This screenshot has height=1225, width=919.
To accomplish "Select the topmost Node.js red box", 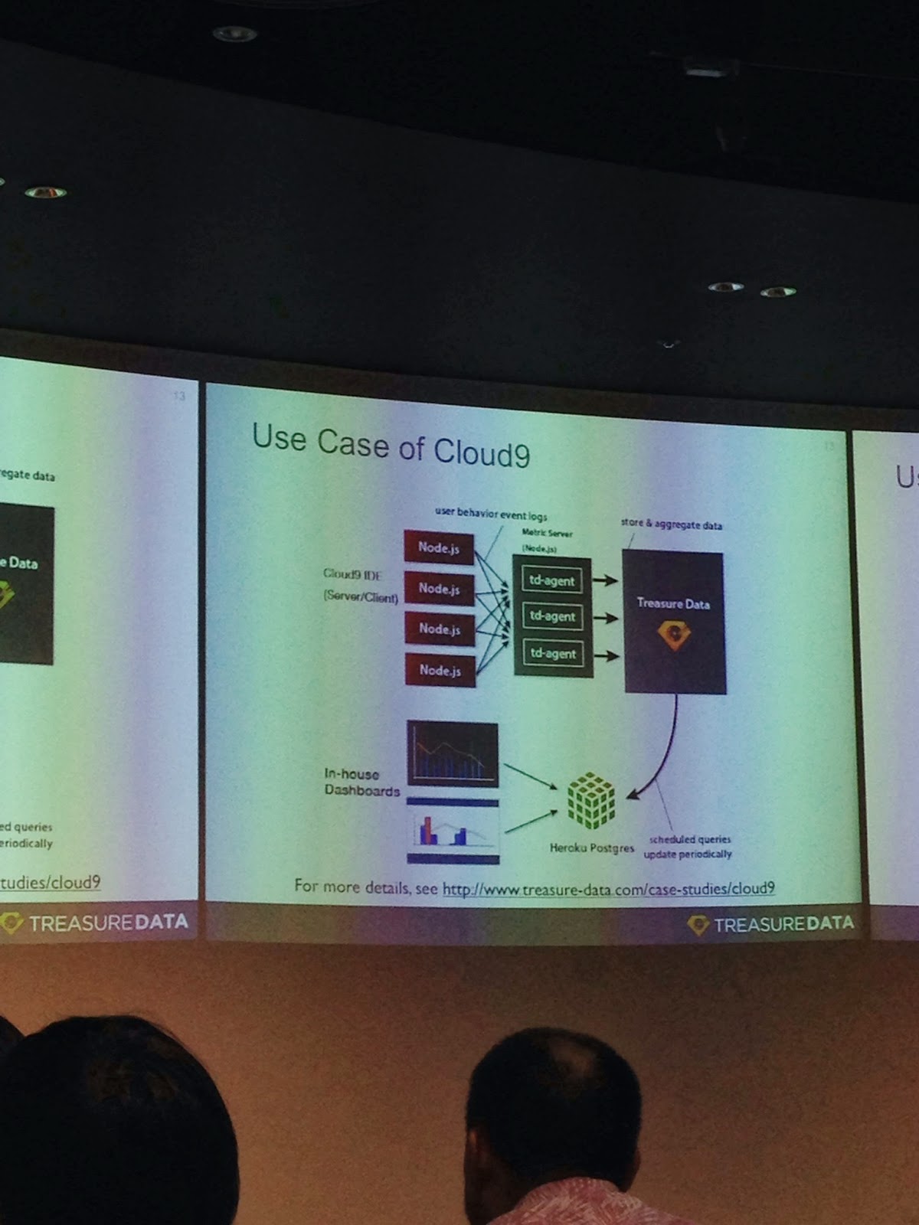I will coord(439,547).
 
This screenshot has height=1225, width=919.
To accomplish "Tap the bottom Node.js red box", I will coord(440,670).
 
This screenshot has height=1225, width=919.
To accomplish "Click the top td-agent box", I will coord(551,580).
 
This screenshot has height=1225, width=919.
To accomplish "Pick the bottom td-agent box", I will coord(552,653).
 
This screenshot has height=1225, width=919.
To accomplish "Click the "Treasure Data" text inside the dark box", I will coord(673,603).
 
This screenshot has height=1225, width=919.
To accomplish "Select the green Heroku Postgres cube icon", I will coord(590,801).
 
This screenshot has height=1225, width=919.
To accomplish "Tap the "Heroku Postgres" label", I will coord(591,848).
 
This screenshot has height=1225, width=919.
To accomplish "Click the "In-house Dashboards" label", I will coord(361,782).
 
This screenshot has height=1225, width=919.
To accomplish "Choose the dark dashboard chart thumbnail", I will coord(452,754).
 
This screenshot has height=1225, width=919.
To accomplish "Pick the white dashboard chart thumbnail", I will coord(453,830).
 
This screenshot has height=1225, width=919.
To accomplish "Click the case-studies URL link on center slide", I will coord(608,888).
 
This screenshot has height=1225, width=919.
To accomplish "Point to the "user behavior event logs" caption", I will coord(491,514).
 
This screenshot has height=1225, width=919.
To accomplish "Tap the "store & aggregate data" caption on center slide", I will coord(671,524).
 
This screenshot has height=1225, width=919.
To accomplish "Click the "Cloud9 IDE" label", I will coord(352,573).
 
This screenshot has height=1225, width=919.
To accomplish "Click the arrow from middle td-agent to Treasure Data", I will coord(606,617).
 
